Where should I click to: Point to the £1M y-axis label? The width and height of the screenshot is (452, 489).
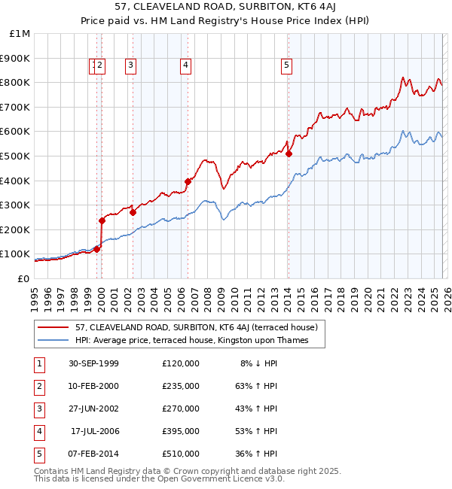tap(20, 33)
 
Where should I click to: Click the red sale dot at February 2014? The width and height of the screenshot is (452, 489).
tap(289, 153)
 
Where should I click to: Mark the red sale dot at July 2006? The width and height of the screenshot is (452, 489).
tap(188, 181)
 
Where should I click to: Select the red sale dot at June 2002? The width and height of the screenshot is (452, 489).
tap(133, 212)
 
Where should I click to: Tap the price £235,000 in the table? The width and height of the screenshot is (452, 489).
tap(181, 386)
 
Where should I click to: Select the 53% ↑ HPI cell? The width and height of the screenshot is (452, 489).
tap(255, 431)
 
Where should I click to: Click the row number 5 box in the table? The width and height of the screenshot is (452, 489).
tap(38, 454)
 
